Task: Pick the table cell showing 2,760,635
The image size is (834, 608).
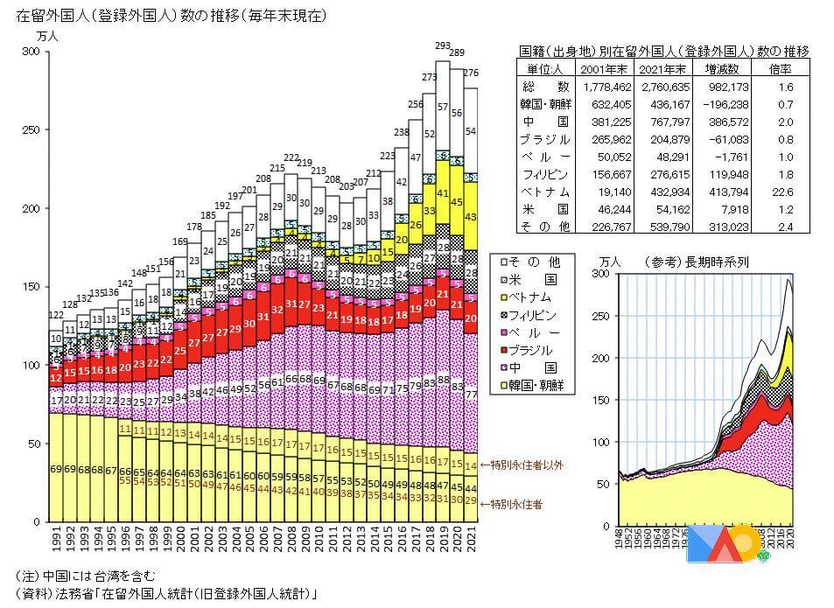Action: click(x=654, y=87)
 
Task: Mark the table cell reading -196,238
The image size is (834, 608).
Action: click(x=720, y=104)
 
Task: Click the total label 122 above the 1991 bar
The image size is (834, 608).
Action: click(x=56, y=315)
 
